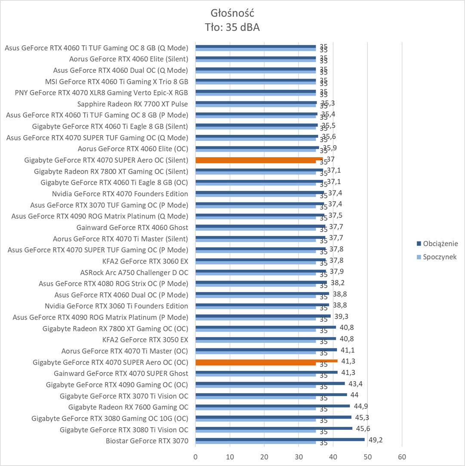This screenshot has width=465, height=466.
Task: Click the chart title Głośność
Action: tap(232, 12)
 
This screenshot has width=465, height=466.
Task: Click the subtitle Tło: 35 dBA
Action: tap(232, 28)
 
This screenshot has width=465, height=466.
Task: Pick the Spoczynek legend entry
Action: tap(440, 257)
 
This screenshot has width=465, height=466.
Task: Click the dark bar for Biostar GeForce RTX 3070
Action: tap(280, 439)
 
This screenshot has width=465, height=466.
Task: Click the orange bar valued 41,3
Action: tap(266, 361)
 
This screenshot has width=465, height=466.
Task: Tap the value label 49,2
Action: tap(375, 440)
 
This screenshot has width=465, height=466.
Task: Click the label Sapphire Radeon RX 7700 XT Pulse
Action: tap(132, 104)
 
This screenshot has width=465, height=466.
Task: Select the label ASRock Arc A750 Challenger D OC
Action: tap(134, 272)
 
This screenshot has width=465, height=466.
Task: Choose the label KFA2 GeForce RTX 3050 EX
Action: tap(145, 339)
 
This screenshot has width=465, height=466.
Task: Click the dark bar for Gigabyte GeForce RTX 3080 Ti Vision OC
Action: tap(274, 428)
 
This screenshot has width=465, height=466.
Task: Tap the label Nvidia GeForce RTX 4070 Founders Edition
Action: tap(120, 194)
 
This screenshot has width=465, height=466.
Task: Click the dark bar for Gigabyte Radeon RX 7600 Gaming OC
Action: tap(273, 406)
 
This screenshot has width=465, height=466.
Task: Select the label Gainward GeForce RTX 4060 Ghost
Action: tap(132, 227)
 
